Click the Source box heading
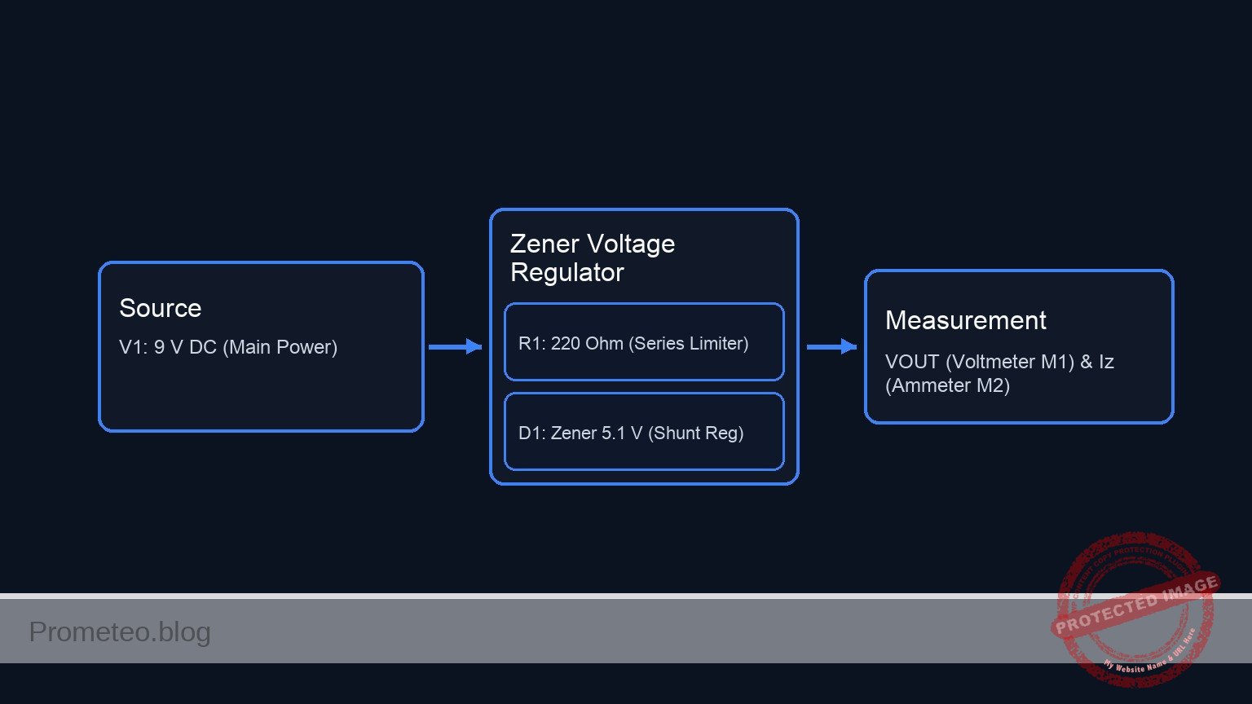[x=160, y=308]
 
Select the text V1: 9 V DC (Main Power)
[x=228, y=347]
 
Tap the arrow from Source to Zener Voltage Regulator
[x=455, y=347]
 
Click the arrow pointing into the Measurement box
[x=831, y=347]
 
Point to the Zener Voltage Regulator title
[x=592, y=257]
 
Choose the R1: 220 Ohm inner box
[x=644, y=342]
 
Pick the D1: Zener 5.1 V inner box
[x=644, y=432]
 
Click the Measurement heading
[x=965, y=320]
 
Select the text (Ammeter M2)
[x=947, y=385]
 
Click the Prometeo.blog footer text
[x=120, y=631]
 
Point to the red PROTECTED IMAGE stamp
[x=1135, y=607]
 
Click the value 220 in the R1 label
[x=565, y=343]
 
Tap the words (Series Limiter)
[x=688, y=343]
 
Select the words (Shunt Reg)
[x=695, y=433]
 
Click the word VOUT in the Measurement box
[x=912, y=362]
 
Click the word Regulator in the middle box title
[x=566, y=272]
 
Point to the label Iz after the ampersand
[x=1106, y=362]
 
